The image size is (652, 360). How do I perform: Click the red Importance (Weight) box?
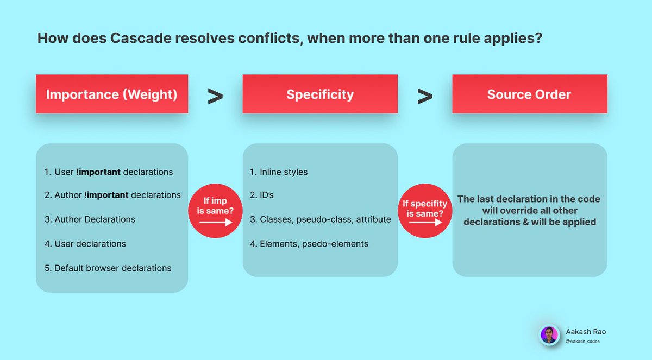click(112, 94)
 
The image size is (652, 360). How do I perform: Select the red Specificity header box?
click(320, 94)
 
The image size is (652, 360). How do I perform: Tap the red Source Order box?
click(529, 94)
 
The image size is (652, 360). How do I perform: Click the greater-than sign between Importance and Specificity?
click(215, 97)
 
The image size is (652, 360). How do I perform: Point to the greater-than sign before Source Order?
click(425, 97)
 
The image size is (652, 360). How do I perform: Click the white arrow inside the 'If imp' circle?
click(215, 222)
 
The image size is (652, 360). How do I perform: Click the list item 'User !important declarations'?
click(109, 172)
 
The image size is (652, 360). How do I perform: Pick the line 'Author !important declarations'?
click(112, 195)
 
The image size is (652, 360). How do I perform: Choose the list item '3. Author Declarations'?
click(90, 219)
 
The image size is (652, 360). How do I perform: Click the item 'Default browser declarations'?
click(108, 268)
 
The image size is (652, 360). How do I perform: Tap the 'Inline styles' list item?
click(279, 172)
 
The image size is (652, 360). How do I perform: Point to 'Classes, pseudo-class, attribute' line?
click(320, 219)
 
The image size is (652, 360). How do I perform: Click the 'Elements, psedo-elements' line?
click(309, 244)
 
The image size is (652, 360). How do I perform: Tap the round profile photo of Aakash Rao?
click(549, 335)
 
